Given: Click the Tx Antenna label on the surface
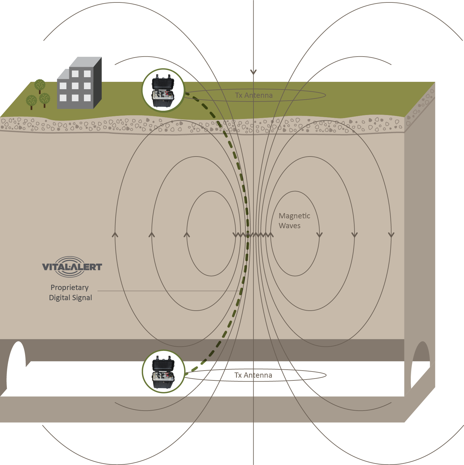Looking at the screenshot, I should point(254,95).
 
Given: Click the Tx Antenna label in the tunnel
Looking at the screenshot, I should point(253,375).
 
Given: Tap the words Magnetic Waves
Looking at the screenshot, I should point(294,221).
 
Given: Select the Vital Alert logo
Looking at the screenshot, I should point(72,266).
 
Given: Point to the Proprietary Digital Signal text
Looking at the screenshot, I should point(70,292).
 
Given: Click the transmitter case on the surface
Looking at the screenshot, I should point(163,90).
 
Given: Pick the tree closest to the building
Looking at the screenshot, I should point(45,99).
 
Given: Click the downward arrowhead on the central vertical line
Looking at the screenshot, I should point(253,72).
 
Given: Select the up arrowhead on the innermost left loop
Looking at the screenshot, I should point(187,235).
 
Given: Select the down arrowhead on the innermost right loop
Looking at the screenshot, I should point(319,235).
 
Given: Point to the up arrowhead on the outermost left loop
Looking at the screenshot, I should point(115,235).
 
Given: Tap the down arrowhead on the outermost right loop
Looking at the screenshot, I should point(391,235).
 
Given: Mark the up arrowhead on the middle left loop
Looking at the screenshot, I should point(152,235).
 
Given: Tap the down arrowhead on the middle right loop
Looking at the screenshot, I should point(355,235).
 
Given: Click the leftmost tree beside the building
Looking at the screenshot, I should point(31,101).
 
